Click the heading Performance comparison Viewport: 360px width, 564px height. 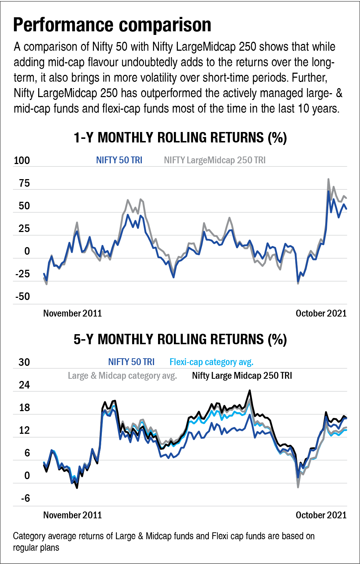tap(112, 26)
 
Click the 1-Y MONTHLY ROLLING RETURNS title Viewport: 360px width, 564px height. tap(180, 138)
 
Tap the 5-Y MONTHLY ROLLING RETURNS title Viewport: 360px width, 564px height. tap(180, 340)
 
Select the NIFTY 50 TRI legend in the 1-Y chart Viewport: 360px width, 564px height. tap(119, 160)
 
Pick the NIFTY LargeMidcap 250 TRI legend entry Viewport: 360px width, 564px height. tap(215, 160)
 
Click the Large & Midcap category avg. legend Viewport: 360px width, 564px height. tap(122, 376)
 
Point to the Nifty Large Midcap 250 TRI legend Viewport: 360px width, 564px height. tap(242, 376)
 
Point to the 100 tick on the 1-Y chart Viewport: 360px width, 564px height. tap(22, 161)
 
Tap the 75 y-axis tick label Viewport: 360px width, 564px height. tap(22, 184)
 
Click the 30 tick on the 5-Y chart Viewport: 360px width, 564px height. tap(24, 362)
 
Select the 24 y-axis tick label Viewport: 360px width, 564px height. tap(24, 385)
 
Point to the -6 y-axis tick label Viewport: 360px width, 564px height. tap(24, 498)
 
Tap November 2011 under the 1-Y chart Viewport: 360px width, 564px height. tap(72, 313)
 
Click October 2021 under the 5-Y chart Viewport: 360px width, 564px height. tap(321, 515)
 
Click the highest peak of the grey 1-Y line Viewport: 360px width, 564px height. tap(328, 179)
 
